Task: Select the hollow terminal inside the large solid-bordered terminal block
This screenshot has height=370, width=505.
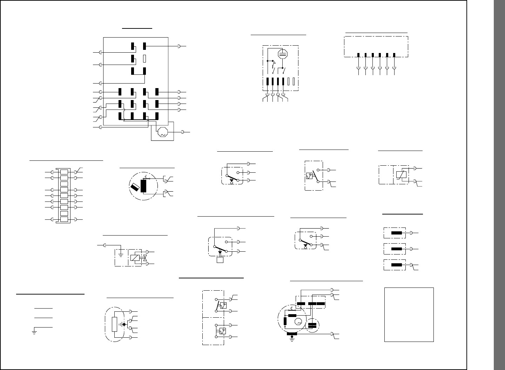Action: click(x=144, y=59)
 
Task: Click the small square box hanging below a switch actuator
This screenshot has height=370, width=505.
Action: click(x=220, y=260)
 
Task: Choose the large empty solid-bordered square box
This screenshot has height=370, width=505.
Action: click(x=409, y=315)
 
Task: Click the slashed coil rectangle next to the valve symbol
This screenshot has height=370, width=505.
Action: click(x=135, y=258)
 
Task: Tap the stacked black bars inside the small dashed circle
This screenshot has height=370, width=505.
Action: click(x=312, y=325)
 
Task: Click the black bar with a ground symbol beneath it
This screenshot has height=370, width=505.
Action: click(x=292, y=334)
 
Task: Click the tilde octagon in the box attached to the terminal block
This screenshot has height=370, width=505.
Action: click(x=162, y=132)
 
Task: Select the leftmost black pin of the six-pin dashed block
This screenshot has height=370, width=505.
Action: click(x=358, y=55)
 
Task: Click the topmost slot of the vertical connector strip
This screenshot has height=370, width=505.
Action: click(x=64, y=172)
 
